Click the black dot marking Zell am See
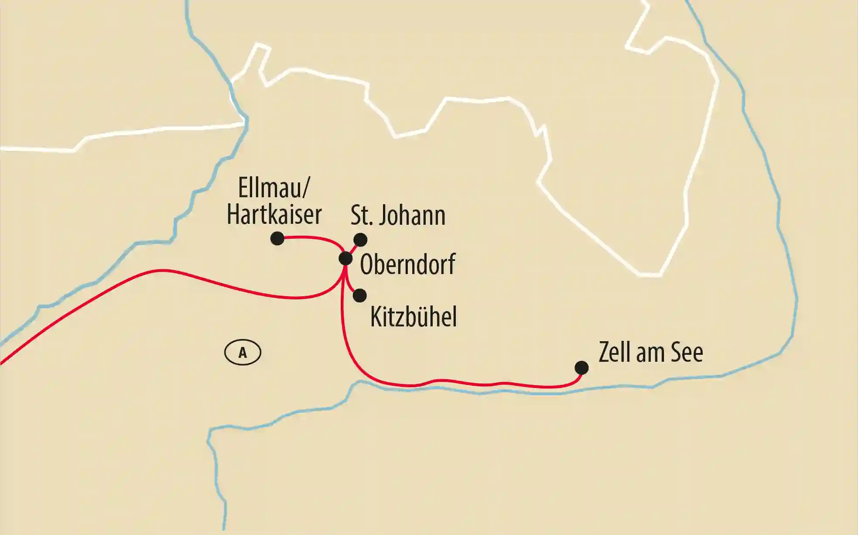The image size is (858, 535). [x=581, y=368]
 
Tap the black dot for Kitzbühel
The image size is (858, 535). [x=359, y=295]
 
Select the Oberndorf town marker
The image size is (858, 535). [x=345, y=259]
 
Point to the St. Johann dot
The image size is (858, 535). [x=360, y=240]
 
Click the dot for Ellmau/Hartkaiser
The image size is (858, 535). [x=277, y=239]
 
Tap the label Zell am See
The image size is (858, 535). [x=650, y=352]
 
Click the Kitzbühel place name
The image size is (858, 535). [x=413, y=317]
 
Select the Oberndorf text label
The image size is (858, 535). [x=407, y=264]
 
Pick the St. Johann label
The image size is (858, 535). [x=398, y=215]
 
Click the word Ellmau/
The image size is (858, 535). [x=274, y=189]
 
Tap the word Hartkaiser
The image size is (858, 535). [x=274, y=214]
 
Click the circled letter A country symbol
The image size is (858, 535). [x=243, y=353]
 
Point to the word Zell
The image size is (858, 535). [x=615, y=352]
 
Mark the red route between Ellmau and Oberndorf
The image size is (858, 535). [x=314, y=238]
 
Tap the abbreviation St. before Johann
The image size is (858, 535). [x=362, y=215]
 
